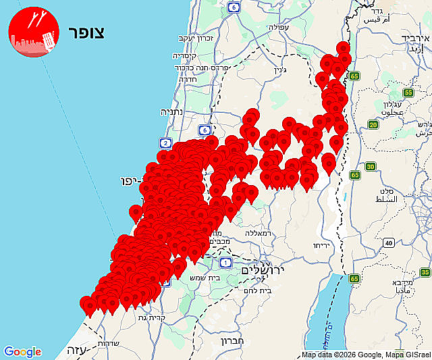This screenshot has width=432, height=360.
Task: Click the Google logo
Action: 22,352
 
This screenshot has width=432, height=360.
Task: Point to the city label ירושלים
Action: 263,269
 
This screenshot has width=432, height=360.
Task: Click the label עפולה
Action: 278,29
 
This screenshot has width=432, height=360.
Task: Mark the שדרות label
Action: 109,342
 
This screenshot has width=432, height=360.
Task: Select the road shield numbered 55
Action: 408,93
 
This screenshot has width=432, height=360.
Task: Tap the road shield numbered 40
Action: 388,243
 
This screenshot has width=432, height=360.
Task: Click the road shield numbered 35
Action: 425,272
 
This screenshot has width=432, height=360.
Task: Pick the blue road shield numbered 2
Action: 165,143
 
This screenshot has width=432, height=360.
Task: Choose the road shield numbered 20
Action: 373,124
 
